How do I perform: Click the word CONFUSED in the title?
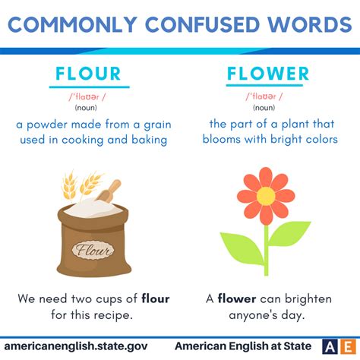(203, 24)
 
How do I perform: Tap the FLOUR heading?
(88, 74)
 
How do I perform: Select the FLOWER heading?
(268, 74)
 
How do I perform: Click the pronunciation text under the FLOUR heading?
(87, 96)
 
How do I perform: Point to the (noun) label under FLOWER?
(264, 108)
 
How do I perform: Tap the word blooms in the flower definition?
(221, 139)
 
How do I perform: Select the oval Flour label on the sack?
(93, 250)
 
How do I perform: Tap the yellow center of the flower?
(266, 196)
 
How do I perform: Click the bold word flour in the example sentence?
(156, 298)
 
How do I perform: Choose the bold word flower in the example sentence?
(237, 298)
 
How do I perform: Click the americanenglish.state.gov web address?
(76, 346)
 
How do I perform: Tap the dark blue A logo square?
(330, 346)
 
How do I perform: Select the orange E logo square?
(348, 346)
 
